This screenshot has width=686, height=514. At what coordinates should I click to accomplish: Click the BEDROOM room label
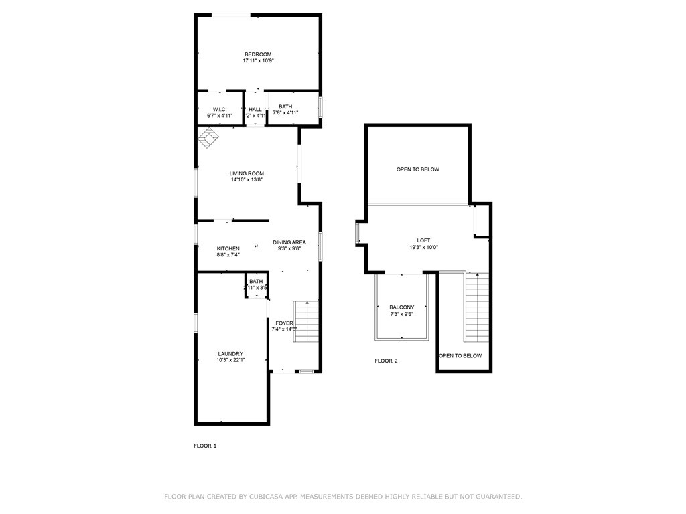(x=258, y=54)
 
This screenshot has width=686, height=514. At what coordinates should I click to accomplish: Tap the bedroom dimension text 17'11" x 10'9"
(x=258, y=61)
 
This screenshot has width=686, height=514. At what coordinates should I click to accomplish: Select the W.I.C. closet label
(x=220, y=109)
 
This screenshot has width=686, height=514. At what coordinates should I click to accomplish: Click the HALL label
(x=255, y=109)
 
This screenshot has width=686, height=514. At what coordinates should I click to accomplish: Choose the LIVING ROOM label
(x=247, y=173)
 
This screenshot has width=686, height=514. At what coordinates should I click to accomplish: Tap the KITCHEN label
(x=228, y=248)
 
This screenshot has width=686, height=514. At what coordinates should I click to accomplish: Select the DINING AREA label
(x=289, y=242)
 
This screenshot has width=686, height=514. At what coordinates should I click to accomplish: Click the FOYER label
(x=284, y=323)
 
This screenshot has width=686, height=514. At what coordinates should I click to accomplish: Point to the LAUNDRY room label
(x=230, y=353)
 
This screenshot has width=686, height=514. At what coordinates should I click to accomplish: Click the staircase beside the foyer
(x=305, y=321)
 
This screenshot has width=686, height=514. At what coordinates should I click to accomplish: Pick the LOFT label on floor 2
(x=423, y=240)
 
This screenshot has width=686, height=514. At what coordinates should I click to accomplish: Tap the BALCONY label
(x=402, y=307)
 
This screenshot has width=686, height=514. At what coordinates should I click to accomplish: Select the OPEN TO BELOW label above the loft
(x=418, y=169)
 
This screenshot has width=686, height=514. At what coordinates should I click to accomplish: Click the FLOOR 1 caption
(x=205, y=446)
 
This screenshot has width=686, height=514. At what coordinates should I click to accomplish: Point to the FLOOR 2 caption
(x=386, y=361)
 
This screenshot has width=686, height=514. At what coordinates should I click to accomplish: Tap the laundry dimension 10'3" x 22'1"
(x=230, y=360)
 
